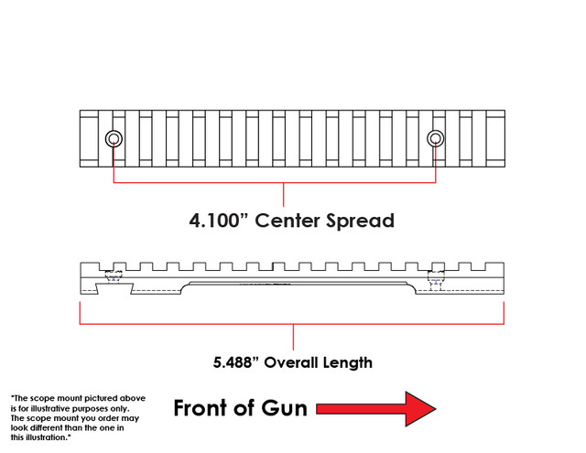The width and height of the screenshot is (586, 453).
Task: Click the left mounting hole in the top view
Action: tap(114, 139)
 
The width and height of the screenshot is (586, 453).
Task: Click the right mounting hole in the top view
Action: tap(435, 139)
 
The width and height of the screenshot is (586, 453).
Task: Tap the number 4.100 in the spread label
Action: tap(217, 221)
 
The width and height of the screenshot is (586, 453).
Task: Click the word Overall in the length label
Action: tap(297, 362)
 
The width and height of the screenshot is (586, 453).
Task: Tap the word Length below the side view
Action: tap(349, 362)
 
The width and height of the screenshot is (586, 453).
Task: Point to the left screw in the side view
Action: tap(114, 277)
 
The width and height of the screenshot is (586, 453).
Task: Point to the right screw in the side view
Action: tap(435, 277)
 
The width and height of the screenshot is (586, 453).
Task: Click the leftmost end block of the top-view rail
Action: tap(88, 139)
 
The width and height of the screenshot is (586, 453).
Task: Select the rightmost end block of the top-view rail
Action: tap(495, 139)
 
